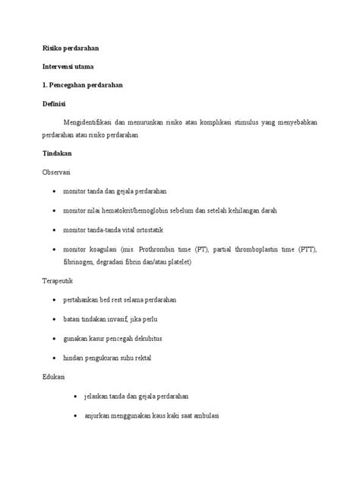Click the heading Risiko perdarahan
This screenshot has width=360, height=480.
tap(71, 49)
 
